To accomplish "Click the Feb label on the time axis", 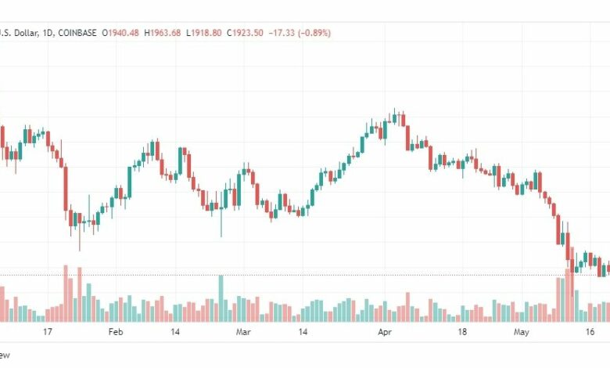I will coord(115,332).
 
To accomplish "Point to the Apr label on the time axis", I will coord(384,332).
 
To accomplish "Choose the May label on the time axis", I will coord(522,332).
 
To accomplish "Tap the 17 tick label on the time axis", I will coord(48,332).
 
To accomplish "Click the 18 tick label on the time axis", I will coord(461,332).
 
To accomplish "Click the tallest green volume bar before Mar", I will coord(221,298).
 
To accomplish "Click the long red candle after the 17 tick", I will coord(65,188).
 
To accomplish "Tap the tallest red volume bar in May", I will coord(569,293).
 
